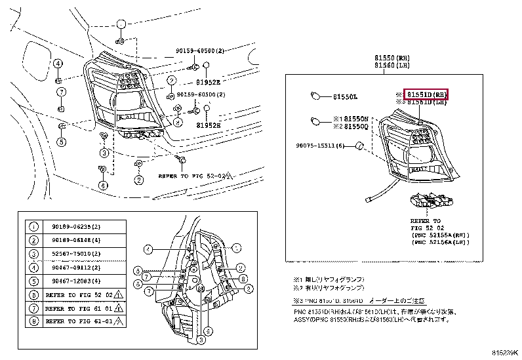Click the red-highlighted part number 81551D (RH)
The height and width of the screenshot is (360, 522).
coord(426,94)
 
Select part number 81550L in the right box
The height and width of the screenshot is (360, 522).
coord(345,97)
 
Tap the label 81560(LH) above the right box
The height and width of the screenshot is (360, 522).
coord(391,66)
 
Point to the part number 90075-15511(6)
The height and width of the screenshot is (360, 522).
coord(319,145)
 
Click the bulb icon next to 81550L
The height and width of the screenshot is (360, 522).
coord(315,97)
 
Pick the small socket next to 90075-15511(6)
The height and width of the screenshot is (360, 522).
coord(359,144)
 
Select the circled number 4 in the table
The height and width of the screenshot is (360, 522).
coord(33,268)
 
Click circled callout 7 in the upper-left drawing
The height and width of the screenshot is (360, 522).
coord(60,91)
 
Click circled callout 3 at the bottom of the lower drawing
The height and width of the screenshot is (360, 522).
coord(208,331)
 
